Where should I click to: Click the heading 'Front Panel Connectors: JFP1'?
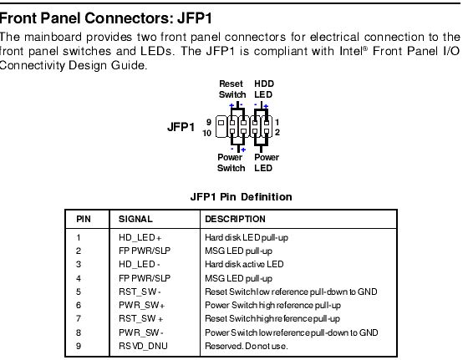click(x=106, y=18)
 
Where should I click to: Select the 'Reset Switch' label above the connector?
click(x=232, y=89)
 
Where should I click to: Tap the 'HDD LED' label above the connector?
click(x=264, y=89)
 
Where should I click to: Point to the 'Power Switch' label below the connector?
click(x=231, y=163)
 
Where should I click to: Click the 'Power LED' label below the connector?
click(x=267, y=163)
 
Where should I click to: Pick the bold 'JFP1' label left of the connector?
click(x=181, y=127)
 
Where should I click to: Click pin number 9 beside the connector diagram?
click(x=209, y=122)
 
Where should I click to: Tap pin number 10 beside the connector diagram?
click(x=207, y=133)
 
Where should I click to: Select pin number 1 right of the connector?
click(x=277, y=122)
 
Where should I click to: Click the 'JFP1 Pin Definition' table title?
click(x=242, y=197)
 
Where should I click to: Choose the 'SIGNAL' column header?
click(x=135, y=219)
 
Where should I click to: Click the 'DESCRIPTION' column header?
click(x=235, y=219)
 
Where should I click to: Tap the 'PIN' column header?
click(x=84, y=219)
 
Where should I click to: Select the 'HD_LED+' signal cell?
click(x=140, y=238)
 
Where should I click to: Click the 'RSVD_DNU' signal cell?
click(x=143, y=346)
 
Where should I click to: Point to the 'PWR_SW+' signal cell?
click(x=142, y=306)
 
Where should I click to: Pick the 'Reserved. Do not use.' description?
click(x=247, y=346)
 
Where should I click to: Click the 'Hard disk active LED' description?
click(x=244, y=264)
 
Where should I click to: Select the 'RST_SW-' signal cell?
click(x=140, y=292)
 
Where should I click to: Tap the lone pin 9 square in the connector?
click(x=221, y=123)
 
